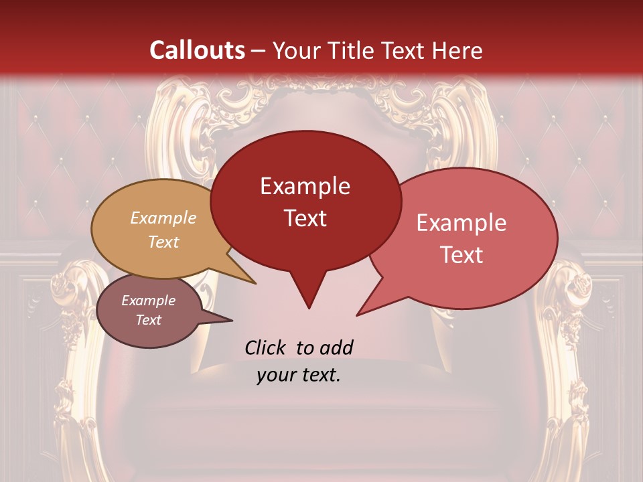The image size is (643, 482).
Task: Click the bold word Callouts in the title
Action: coord(197,50)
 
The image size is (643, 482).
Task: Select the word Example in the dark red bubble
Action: coord(305,185)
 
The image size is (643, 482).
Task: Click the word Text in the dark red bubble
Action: coord(305,218)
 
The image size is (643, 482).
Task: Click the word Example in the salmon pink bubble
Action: coord(461,223)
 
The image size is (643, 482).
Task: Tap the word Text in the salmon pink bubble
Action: coord(461,255)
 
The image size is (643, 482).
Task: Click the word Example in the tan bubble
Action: coord(163,218)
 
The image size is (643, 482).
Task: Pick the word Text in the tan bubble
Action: coord(163,242)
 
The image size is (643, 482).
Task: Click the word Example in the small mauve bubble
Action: coord(148,301)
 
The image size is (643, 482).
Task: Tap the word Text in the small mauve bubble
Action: coord(148,320)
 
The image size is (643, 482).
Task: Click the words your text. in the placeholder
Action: coord(299,375)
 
